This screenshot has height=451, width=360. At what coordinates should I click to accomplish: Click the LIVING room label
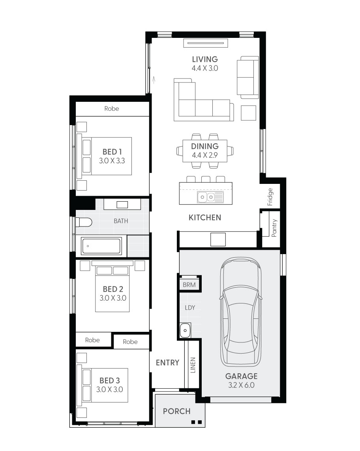click(205, 59)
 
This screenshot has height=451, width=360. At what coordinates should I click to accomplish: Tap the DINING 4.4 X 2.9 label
click(205, 150)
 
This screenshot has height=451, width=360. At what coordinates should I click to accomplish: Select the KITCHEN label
click(205, 217)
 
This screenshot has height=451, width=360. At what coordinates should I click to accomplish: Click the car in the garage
click(241, 312)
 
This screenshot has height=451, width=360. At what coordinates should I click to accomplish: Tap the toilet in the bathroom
click(84, 222)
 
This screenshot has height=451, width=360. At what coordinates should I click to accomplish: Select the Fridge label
click(270, 197)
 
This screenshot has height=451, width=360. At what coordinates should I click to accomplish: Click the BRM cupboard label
click(189, 285)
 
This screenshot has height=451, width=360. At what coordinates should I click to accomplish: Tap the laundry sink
click(185, 330)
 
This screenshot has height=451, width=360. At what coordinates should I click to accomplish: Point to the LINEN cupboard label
click(193, 365)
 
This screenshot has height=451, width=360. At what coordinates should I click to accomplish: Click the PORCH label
click(177, 411)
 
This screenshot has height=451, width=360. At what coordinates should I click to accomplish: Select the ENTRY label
click(167, 363)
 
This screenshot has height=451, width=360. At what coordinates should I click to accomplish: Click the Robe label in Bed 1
click(112, 109)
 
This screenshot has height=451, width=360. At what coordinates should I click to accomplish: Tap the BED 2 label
click(113, 289)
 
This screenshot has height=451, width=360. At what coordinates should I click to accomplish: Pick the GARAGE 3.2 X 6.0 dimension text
click(241, 385)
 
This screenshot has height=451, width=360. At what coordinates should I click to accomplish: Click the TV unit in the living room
click(206, 43)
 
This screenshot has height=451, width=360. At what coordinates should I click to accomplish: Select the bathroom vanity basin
click(122, 204)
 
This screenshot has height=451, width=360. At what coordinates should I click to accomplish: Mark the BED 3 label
click(110, 380)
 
